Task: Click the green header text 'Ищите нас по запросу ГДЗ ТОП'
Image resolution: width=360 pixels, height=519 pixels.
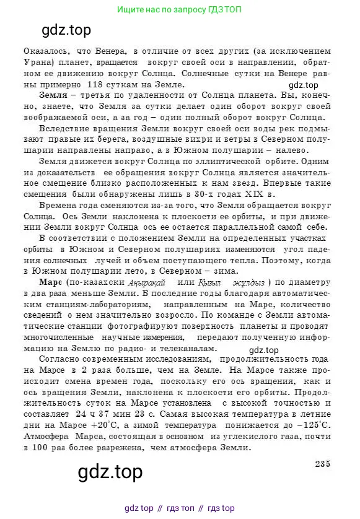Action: (x=179, y=10)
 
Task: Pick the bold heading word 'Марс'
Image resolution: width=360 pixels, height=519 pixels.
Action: (x=51, y=282)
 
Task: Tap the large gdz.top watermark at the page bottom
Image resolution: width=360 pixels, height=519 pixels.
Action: (x=110, y=473)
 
